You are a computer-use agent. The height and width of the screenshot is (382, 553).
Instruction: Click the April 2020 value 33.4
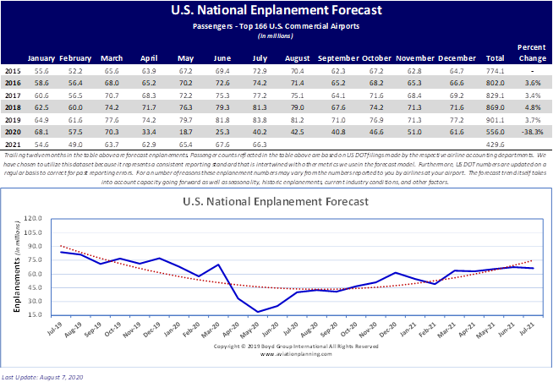[151, 132]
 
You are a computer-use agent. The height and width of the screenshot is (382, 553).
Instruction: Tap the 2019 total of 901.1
[496, 121]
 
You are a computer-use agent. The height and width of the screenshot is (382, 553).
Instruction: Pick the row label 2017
[13, 96]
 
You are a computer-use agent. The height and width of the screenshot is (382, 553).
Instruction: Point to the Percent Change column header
[532, 53]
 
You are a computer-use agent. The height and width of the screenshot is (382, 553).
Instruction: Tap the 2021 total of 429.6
[496, 144]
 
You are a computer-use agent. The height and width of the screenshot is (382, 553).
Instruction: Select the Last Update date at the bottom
[44, 374]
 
